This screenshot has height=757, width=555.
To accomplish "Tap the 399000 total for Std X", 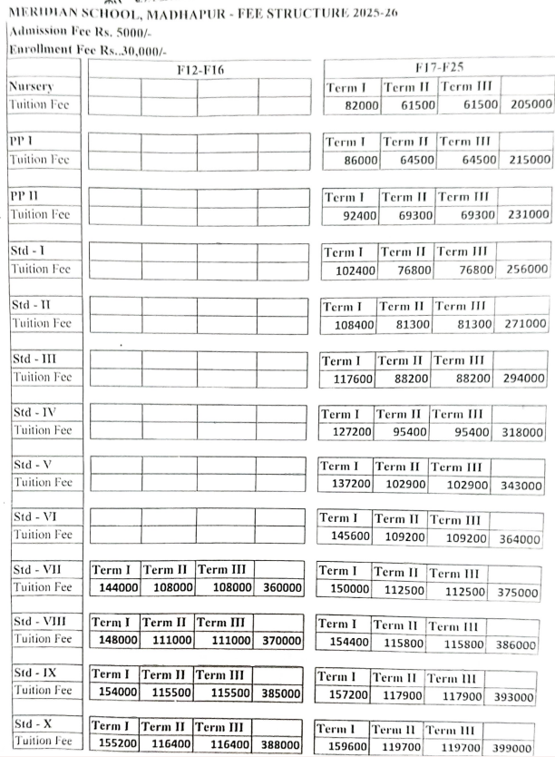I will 521,749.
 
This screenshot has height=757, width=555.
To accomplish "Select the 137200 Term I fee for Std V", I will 345,485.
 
